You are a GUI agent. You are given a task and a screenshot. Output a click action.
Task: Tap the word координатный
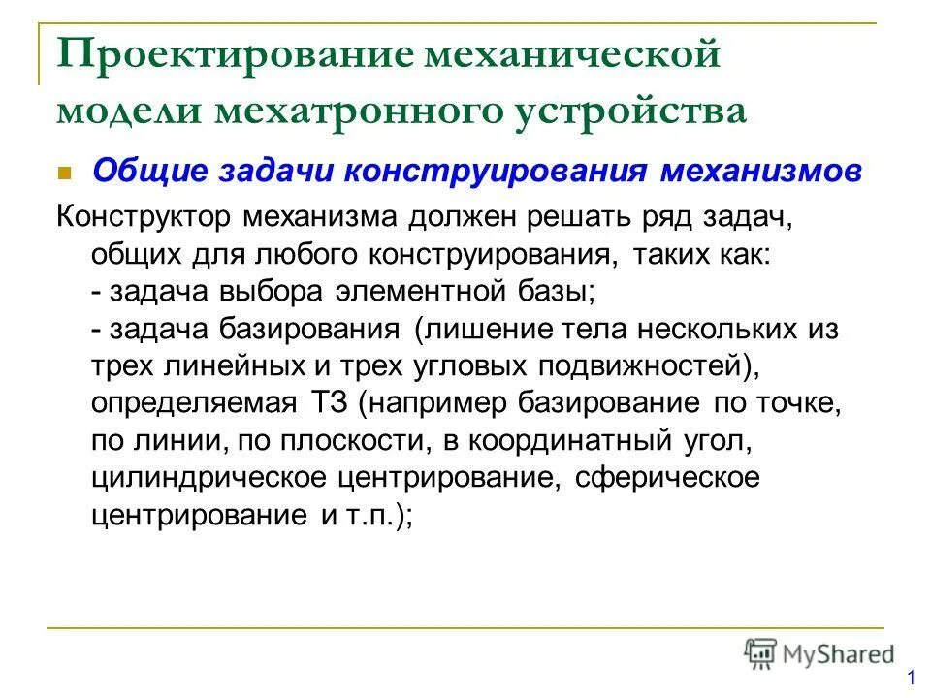(575, 440)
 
